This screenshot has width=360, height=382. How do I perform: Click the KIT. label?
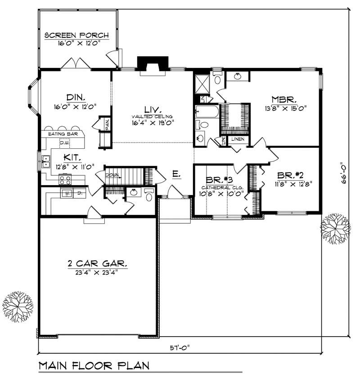click(x=72, y=157)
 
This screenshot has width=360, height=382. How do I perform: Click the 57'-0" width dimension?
click(x=180, y=346)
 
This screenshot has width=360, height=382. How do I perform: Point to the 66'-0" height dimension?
click(x=344, y=173)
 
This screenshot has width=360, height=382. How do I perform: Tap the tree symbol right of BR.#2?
click(x=335, y=229)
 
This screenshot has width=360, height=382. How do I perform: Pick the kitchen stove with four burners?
click(x=65, y=180)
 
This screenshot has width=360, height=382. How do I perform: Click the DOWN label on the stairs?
click(x=112, y=174)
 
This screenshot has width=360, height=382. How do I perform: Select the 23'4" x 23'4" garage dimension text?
click(x=97, y=271)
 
